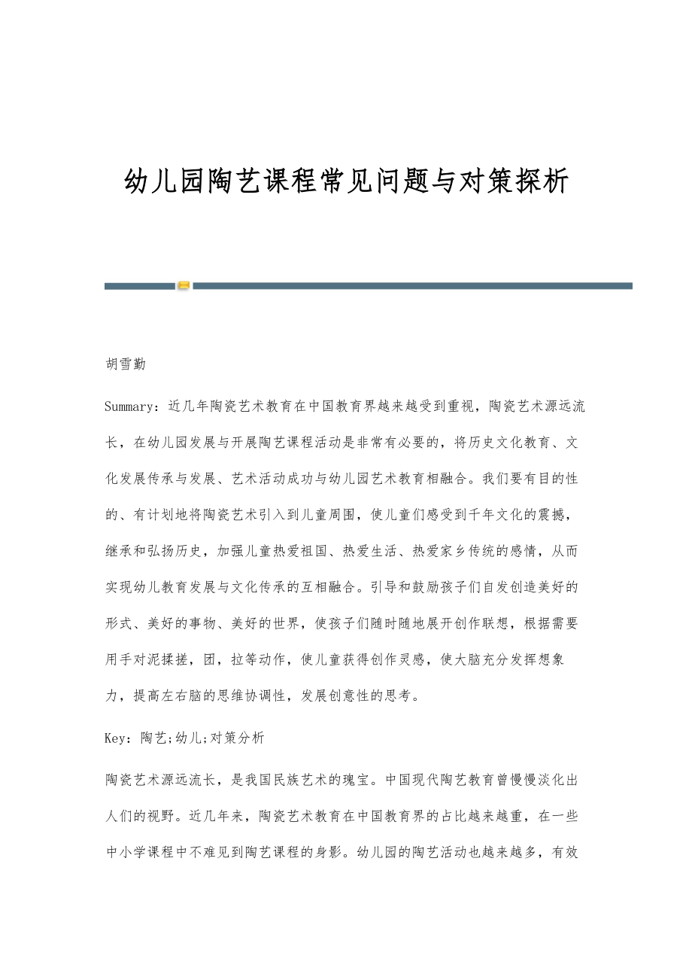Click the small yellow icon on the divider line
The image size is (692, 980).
click(x=184, y=286)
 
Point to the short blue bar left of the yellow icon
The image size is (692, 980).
click(x=140, y=286)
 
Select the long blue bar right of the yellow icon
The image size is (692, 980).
click(x=412, y=286)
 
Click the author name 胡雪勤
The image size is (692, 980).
click(x=126, y=365)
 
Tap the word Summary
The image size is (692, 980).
click(x=129, y=406)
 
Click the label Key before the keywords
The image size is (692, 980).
click(x=116, y=738)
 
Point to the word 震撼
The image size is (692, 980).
click(x=564, y=515)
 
